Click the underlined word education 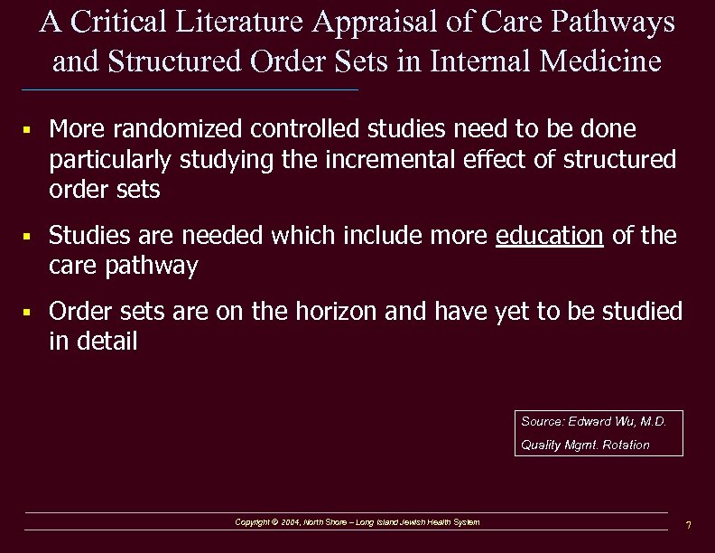pyautogui.click(x=550, y=237)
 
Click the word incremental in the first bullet pyautogui.click(x=408, y=160)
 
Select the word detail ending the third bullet pyautogui.click(x=107, y=342)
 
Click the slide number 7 pyautogui.click(x=688, y=525)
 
